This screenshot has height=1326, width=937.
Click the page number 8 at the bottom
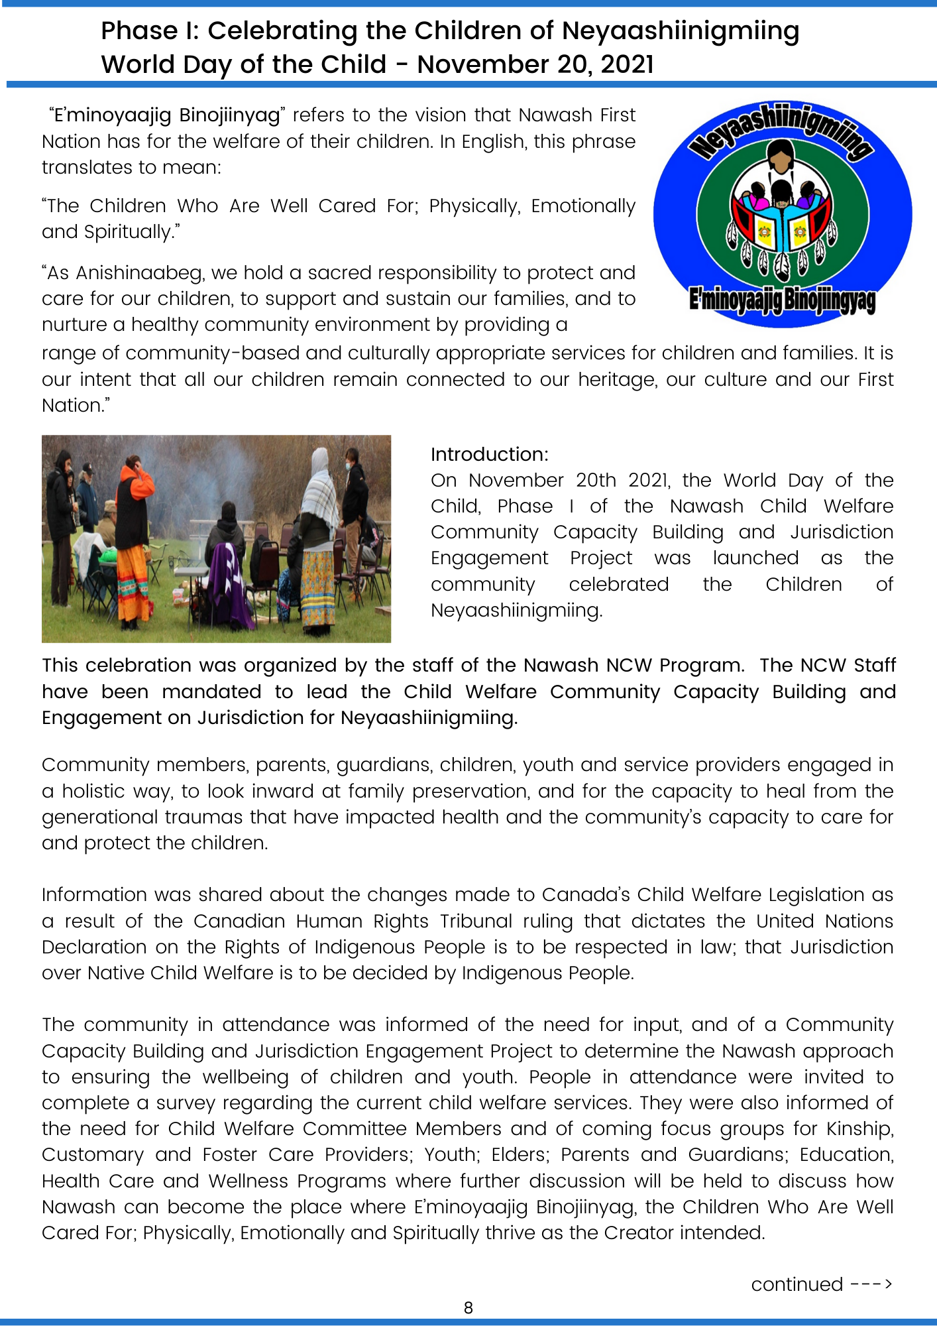[x=468, y=1307]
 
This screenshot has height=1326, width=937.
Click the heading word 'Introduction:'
[x=490, y=454]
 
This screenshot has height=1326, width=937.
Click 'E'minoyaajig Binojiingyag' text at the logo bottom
[x=782, y=300]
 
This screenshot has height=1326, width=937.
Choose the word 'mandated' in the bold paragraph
[x=211, y=692]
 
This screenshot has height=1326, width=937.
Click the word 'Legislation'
[x=816, y=894]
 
